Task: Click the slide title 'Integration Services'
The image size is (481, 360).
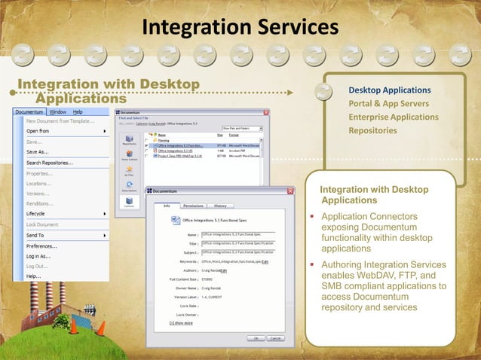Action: point(240,27)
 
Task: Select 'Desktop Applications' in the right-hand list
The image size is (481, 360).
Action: point(389,90)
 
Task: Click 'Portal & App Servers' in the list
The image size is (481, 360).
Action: point(388,104)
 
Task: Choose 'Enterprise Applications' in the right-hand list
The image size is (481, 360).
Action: point(393,117)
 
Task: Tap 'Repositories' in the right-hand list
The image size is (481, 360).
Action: point(372,131)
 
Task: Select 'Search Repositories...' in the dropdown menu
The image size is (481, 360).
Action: point(50,162)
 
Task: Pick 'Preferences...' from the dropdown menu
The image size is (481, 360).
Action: point(42,246)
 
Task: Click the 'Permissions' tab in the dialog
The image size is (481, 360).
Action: point(194,205)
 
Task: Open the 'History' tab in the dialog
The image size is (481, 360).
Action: point(220,205)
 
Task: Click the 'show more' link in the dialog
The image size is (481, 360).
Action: point(182,322)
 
